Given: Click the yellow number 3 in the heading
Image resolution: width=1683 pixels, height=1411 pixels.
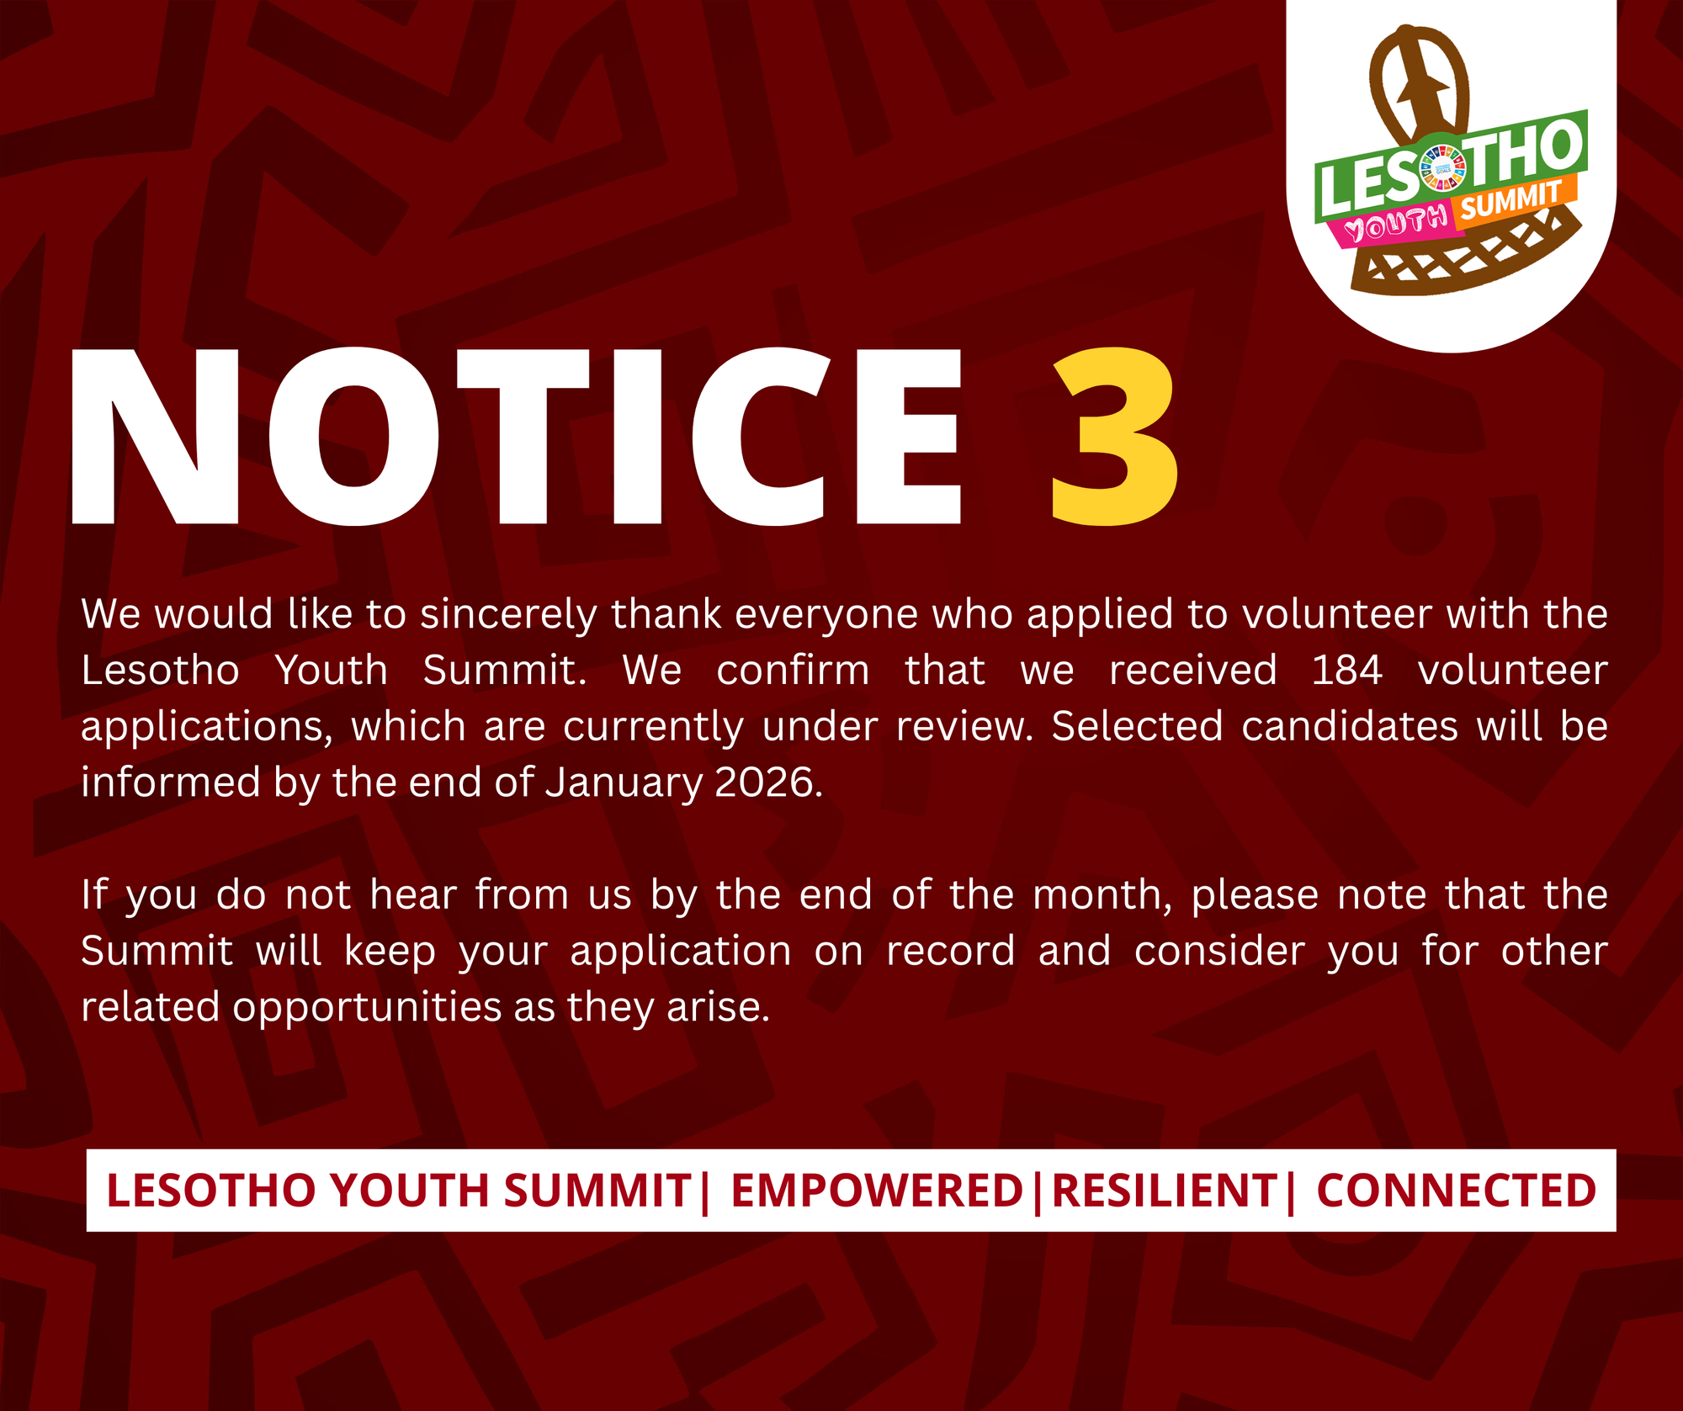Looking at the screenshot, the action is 1114,438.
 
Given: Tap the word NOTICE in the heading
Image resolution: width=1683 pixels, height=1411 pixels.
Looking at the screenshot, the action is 516,438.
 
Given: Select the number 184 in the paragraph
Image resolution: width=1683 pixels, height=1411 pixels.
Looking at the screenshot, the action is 1347,671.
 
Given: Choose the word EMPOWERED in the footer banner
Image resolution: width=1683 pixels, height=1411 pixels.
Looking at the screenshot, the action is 876,1191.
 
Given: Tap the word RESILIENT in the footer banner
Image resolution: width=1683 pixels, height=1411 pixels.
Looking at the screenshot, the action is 1165,1191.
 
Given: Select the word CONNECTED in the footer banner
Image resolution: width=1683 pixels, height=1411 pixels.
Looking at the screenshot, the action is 1456,1191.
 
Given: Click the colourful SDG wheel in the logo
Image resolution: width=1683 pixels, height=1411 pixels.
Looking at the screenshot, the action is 1442,167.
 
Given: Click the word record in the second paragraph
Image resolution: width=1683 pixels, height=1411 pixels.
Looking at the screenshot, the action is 950,952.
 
